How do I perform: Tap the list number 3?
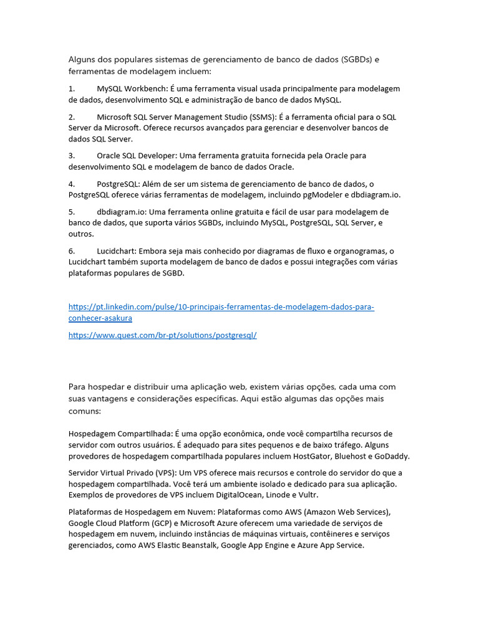pyautogui.click(x=72, y=155)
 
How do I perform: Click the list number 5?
pyautogui.click(x=72, y=212)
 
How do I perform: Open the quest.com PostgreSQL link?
pyautogui.click(x=162, y=335)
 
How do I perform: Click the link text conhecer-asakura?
pyautogui.click(x=100, y=318)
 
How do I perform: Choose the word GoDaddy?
pyautogui.click(x=391, y=456)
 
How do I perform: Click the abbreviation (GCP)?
pyautogui.click(x=162, y=523)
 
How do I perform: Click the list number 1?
pyautogui.click(x=72, y=88)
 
